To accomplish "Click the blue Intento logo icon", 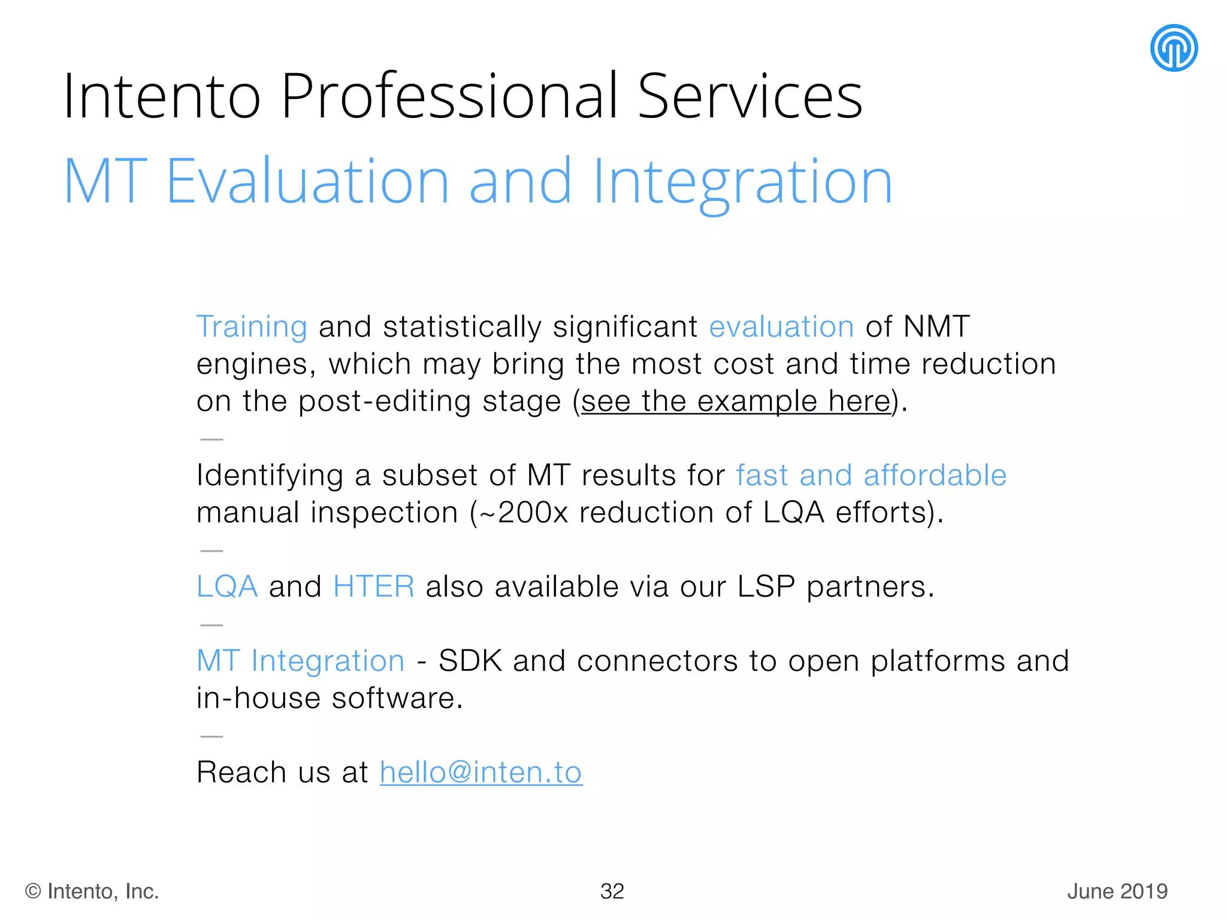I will tap(1173, 48).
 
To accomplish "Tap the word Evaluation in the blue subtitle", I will tap(307, 181).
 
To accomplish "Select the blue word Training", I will tap(252, 327).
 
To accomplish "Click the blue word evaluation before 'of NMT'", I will tap(781, 327).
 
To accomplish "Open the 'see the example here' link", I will tap(736, 401).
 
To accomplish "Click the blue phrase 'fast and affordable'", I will tap(871, 476).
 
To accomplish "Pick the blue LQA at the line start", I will tap(227, 586).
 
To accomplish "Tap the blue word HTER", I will tap(374, 586).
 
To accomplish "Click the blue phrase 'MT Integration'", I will tap(301, 661).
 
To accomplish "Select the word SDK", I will tap(470, 661).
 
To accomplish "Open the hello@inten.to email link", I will tap(481, 773).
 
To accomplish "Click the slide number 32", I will tap(612, 891).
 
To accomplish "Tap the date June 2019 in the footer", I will tap(1117, 891).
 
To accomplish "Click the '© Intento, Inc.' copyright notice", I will tap(92, 891).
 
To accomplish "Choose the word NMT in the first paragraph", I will tap(936, 327).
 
